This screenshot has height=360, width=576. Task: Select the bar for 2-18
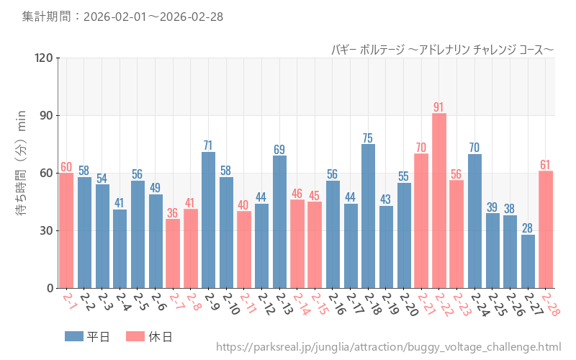(368, 216)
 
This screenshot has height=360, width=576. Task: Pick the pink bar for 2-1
(66, 230)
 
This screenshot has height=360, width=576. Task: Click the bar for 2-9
(208, 220)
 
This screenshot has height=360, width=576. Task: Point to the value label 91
(439, 107)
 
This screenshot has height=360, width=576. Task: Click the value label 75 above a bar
(368, 138)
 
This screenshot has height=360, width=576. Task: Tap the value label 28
(528, 228)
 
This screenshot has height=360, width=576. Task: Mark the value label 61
(546, 165)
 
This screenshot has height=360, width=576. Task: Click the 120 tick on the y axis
(44, 58)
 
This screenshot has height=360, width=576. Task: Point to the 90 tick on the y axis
(47, 115)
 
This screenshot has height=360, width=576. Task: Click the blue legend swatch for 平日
(74, 336)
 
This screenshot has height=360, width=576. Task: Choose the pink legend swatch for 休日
(135, 336)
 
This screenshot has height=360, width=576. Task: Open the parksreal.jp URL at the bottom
(389, 347)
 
